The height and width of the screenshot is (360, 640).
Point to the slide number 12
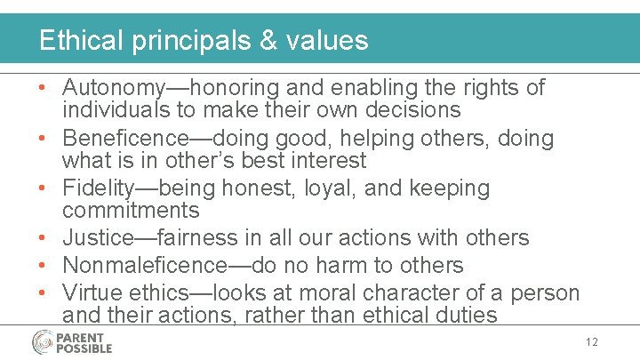click(593, 342)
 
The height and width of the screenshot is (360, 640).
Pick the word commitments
click(131, 211)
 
